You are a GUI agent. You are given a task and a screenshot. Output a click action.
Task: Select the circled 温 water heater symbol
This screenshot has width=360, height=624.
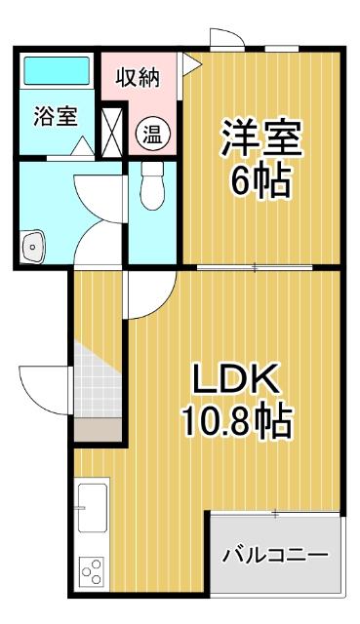point(151,132)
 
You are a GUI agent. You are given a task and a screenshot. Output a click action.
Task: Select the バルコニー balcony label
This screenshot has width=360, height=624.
point(274,555)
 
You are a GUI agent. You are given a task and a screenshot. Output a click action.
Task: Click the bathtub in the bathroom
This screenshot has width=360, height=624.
point(56,70)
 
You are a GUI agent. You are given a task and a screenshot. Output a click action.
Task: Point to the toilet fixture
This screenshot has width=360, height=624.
point(151,185)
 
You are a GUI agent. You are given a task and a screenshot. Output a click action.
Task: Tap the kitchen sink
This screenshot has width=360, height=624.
point(92,508)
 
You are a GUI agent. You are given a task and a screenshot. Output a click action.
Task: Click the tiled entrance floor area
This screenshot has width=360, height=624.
point(99,380)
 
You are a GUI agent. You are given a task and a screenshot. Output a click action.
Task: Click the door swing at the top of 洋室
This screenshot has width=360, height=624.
point(226,39)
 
